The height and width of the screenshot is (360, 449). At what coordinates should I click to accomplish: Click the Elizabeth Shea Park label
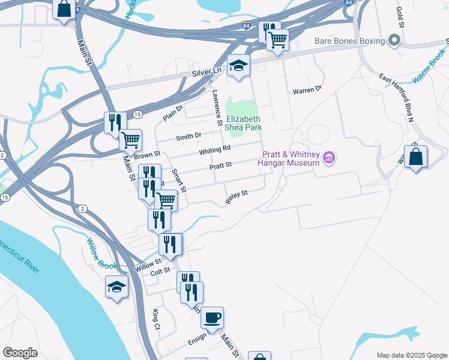pos(243,123)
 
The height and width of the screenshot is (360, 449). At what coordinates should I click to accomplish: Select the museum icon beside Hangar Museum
pos(328,158)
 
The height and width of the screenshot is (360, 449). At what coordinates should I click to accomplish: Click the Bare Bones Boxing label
pos(349,41)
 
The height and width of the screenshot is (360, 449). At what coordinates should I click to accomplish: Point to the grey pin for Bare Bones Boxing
pos(394,41)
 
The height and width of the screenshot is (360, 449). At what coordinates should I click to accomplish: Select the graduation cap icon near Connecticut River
pos(116,287)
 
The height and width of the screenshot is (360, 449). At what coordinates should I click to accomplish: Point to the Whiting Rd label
pos(215,149)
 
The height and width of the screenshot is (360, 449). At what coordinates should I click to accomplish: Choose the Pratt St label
pos(220,166)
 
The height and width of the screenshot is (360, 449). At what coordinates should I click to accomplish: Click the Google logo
pos(20,353)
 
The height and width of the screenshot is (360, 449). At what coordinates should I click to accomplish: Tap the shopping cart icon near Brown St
pos(130,140)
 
